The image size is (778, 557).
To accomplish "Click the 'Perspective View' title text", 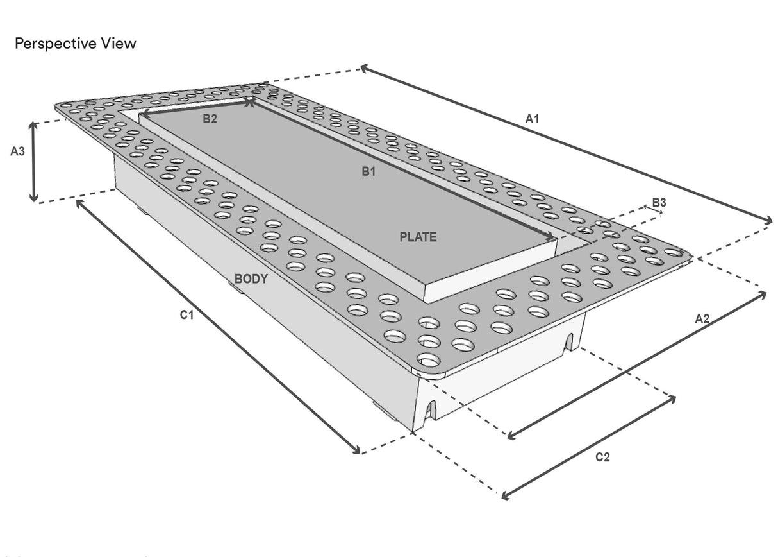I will tap(75, 44).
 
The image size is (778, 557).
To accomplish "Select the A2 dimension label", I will tap(702, 318).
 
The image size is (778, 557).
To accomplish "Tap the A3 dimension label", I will tap(17, 151).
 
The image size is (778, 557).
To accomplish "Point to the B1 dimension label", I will tap(368, 171).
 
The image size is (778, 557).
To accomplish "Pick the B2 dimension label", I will tap(210, 119).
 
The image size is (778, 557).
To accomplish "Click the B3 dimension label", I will tap(659, 203).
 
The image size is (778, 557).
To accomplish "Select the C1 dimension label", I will tap(186, 315).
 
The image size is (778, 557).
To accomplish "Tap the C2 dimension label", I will tap(602, 457).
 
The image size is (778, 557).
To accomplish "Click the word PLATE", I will tap(418, 237).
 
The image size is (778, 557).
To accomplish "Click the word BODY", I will tap(251, 279).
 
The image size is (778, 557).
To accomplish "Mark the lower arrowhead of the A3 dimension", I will tap(34, 198).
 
